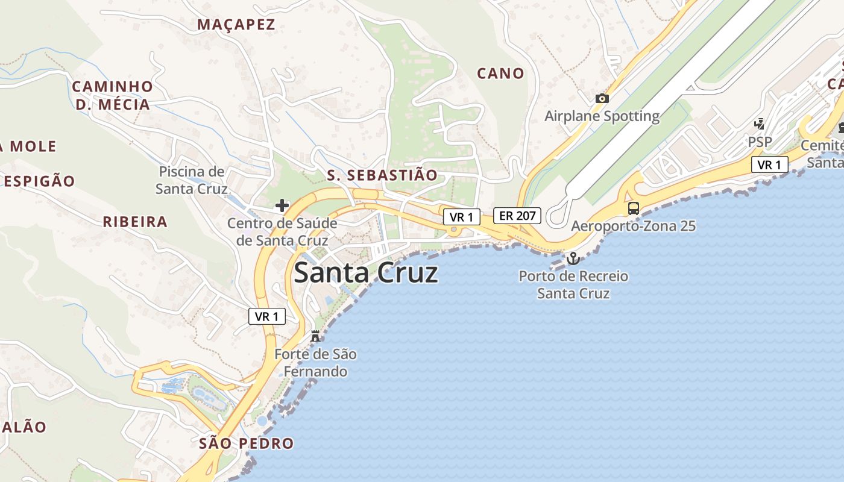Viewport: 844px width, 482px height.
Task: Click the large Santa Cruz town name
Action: click(365, 273)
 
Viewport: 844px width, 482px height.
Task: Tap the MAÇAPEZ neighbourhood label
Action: click(236, 25)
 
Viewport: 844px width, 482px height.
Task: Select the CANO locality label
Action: click(500, 74)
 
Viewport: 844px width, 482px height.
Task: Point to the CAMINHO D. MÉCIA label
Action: click(112, 95)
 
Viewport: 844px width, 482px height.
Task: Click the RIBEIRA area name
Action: click(135, 222)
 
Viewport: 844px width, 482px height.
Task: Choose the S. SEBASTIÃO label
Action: click(382, 175)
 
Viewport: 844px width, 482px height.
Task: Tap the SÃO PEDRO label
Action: click(246, 444)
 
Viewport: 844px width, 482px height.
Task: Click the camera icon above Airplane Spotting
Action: click(602, 99)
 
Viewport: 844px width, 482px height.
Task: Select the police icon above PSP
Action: click(760, 124)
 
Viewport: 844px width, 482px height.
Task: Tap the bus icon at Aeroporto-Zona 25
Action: click(633, 208)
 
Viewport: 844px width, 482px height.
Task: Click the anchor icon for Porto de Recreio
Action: click(573, 258)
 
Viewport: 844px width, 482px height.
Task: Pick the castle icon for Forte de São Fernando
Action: click(315, 336)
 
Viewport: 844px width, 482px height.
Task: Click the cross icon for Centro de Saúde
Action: click(282, 205)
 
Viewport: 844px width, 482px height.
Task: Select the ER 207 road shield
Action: click(517, 215)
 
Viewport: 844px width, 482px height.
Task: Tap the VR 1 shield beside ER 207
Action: click(461, 217)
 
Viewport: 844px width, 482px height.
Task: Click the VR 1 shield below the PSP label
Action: click(769, 164)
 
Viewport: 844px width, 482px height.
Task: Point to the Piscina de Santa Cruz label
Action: click(191, 180)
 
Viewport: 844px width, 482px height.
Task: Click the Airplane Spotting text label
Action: click(602, 116)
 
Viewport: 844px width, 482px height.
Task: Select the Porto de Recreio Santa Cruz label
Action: click(573, 285)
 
